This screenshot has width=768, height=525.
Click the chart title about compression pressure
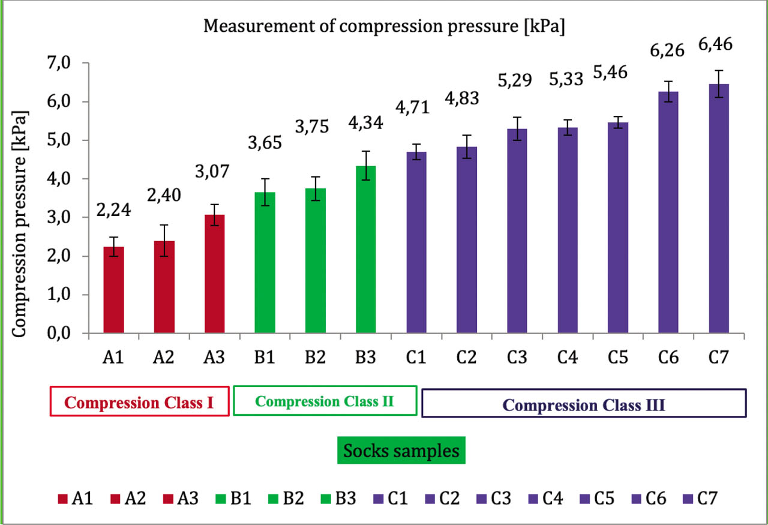[384, 27]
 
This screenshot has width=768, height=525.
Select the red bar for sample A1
[113, 290]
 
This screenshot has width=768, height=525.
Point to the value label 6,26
[668, 50]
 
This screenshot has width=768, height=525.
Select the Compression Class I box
[139, 401]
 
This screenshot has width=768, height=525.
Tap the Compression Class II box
[325, 401]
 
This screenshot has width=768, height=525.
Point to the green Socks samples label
[401, 450]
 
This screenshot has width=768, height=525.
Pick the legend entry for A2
[127, 498]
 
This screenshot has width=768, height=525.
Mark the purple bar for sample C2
[466, 240]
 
